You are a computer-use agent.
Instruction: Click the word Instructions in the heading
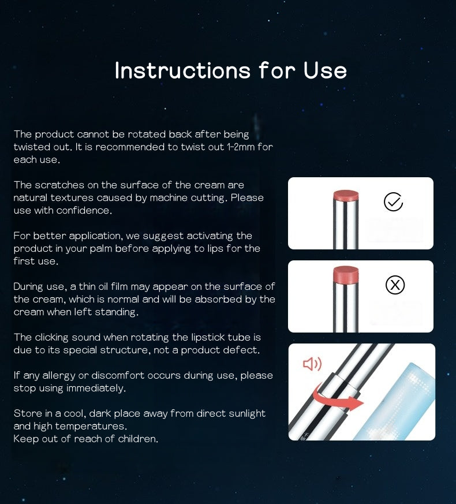tap(182, 70)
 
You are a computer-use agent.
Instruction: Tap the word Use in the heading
tap(325, 70)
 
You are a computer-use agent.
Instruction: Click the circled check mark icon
tap(393, 202)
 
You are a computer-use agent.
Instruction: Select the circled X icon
tap(395, 285)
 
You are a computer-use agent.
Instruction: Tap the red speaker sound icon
tap(312, 364)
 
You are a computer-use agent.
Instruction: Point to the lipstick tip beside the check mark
tap(346, 196)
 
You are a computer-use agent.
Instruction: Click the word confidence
tap(84, 210)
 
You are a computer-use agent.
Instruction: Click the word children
tap(137, 439)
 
